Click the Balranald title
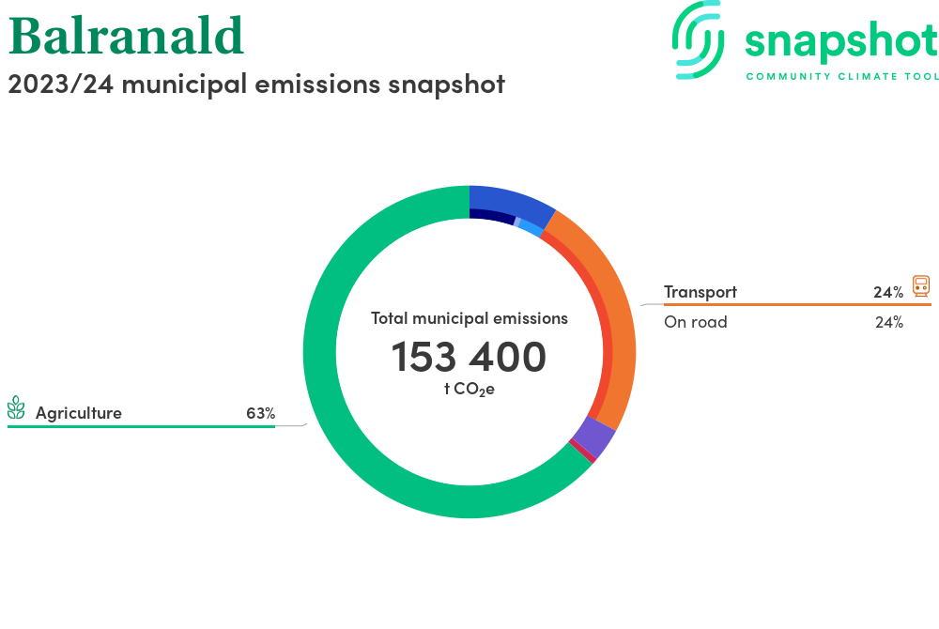point(126,36)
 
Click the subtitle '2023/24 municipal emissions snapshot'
point(256,84)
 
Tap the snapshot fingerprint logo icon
point(698,39)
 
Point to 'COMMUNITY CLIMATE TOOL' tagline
point(842,77)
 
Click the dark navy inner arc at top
point(492,216)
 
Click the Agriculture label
point(79,413)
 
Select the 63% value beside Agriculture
point(260,413)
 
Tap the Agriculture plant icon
point(16,407)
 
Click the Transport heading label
point(700,292)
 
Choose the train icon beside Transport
point(921,286)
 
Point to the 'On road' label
point(695,322)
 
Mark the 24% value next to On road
point(889,323)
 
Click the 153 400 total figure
point(469,357)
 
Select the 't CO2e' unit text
point(469,389)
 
